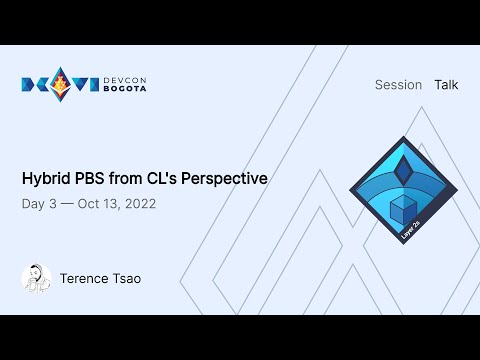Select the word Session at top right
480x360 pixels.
398,85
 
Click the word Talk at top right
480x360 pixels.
446,85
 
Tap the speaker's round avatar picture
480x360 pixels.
36,279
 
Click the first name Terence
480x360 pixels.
85,279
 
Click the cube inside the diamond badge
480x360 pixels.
402,209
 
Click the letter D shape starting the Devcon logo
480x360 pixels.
30,85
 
